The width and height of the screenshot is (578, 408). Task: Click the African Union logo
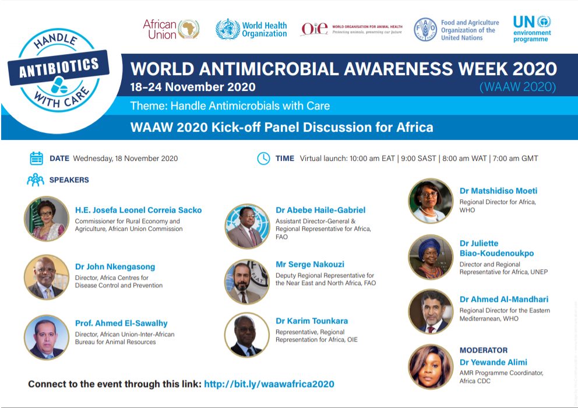(x=171, y=29)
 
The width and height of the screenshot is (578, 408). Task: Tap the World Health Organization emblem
(x=227, y=29)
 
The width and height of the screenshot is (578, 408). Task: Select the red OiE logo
(x=315, y=29)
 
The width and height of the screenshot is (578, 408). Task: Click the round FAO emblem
(x=425, y=30)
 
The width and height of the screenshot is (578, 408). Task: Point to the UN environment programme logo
(x=532, y=29)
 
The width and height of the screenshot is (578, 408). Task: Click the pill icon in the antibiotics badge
(x=59, y=85)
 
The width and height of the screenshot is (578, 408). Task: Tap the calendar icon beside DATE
(x=37, y=159)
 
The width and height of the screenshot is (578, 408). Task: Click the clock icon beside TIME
(x=263, y=159)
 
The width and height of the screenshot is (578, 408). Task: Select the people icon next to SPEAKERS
(x=36, y=180)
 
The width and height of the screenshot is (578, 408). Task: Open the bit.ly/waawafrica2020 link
(x=269, y=384)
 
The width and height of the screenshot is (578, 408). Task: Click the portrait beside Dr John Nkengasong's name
(x=47, y=277)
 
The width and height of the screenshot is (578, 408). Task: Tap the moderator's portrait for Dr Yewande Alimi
(x=431, y=366)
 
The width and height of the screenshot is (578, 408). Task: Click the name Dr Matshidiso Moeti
(x=498, y=191)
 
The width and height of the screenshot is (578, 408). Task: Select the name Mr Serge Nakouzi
(x=310, y=264)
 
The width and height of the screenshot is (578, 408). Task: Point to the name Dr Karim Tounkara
(x=312, y=321)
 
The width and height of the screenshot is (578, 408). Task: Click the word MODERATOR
(x=484, y=350)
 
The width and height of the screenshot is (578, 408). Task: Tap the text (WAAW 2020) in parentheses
(x=517, y=87)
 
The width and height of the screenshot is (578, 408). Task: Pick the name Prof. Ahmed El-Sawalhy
(x=121, y=323)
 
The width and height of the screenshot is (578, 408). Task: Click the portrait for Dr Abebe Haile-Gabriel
(x=247, y=226)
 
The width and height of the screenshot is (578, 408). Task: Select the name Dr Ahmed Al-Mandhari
(x=504, y=299)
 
